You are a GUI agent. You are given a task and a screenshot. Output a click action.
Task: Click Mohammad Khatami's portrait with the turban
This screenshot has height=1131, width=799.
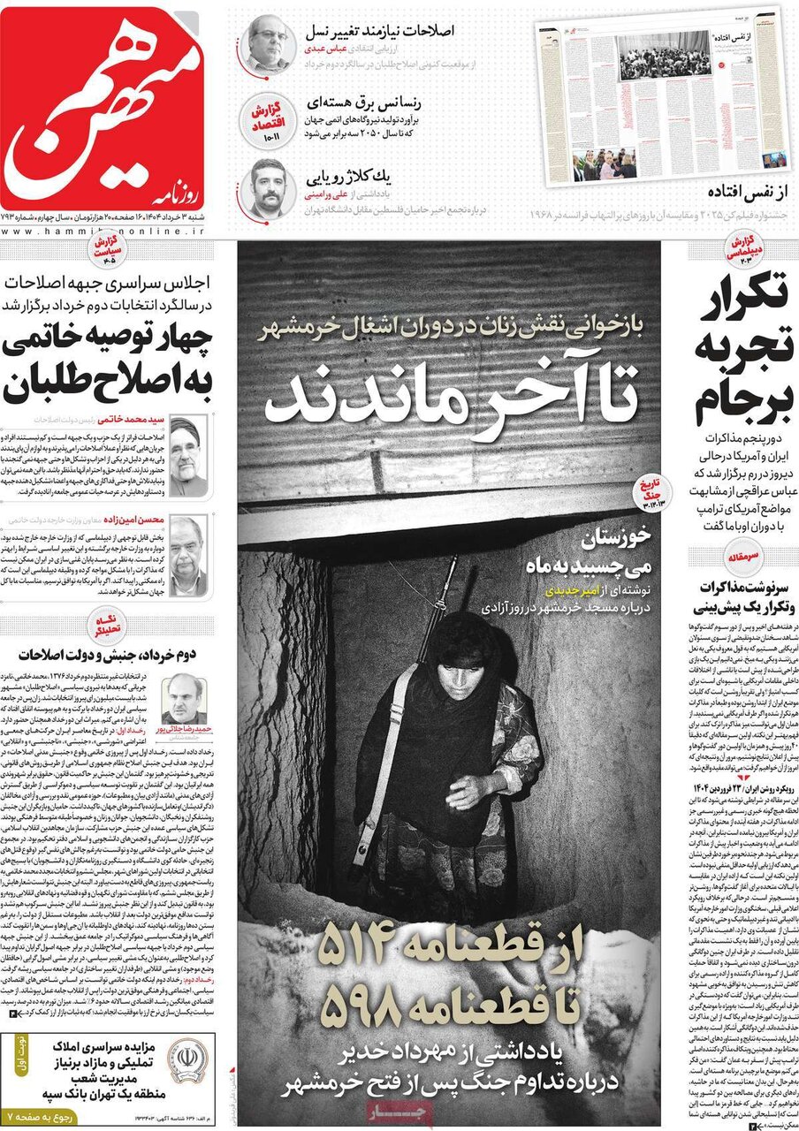(x=188, y=456)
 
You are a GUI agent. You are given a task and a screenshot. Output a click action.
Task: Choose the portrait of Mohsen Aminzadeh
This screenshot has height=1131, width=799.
(x=188, y=555)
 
